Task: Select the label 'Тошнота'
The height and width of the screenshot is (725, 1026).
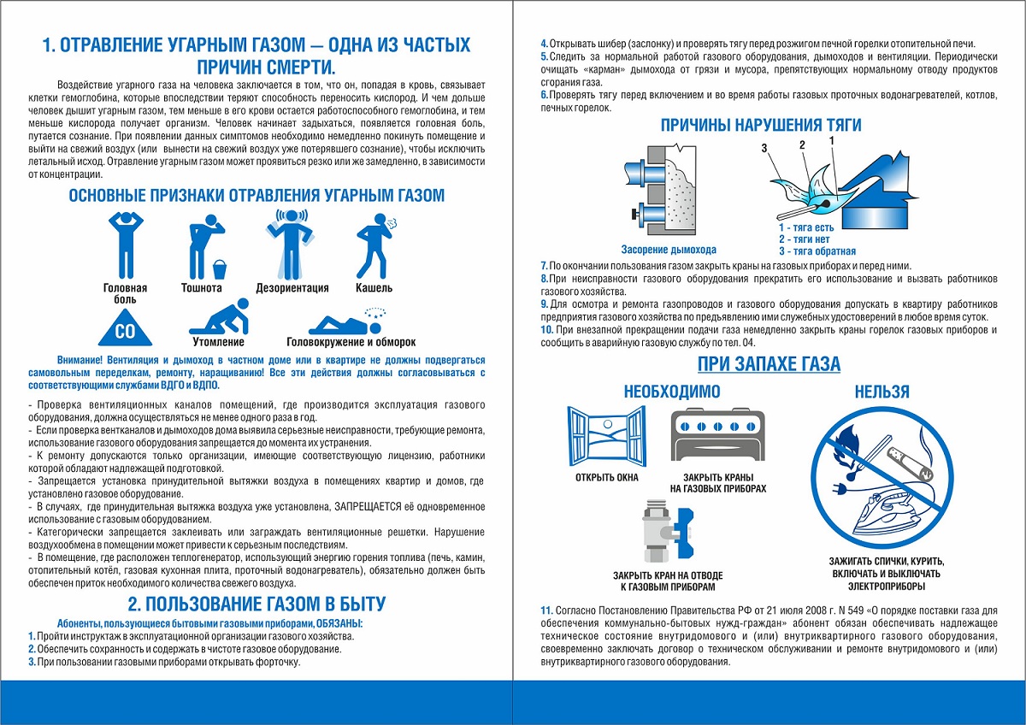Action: pyautogui.click(x=202, y=288)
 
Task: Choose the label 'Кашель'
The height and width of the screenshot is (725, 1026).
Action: pyautogui.click(x=374, y=288)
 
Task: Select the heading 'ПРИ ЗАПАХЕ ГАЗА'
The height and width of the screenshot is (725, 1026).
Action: pyautogui.click(x=769, y=364)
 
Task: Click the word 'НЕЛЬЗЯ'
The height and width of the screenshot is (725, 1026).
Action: pyautogui.click(x=882, y=392)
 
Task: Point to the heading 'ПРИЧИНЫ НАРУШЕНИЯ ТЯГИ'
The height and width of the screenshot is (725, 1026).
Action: pyautogui.click(x=761, y=126)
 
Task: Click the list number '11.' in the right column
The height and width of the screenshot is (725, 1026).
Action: pyautogui.click(x=547, y=610)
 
